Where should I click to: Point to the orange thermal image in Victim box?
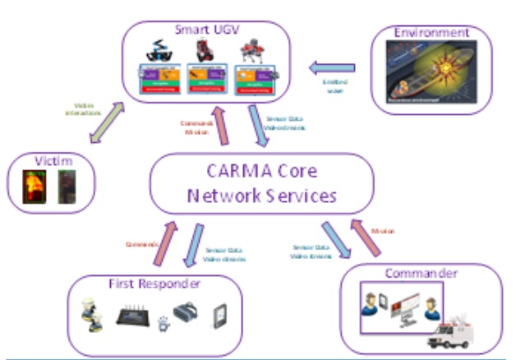(33, 187)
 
